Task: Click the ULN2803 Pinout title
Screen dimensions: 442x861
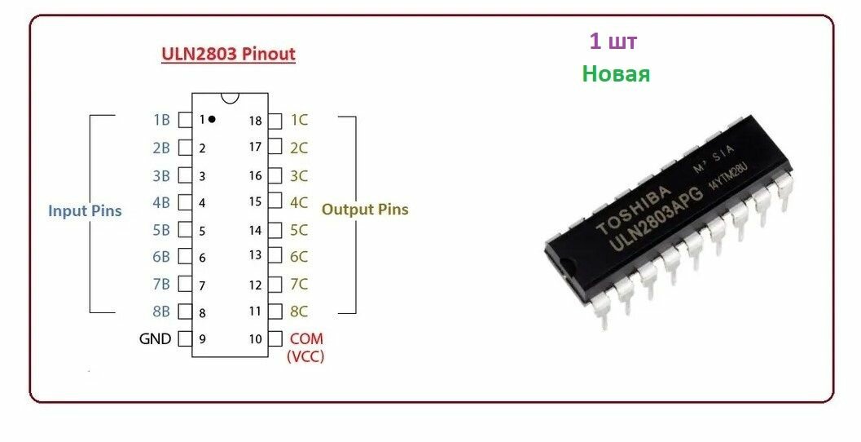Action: pyautogui.click(x=227, y=55)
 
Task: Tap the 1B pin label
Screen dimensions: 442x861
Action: pyautogui.click(x=161, y=120)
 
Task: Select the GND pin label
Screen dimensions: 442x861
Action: pyautogui.click(x=155, y=338)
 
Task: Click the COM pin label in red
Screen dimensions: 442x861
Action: pyautogui.click(x=306, y=338)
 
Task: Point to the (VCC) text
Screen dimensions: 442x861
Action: pyautogui.click(x=305, y=356)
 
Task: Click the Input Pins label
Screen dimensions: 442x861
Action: pyautogui.click(x=85, y=211)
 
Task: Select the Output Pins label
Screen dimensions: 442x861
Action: pyautogui.click(x=365, y=210)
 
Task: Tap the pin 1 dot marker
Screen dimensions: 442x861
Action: pyautogui.click(x=212, y=119)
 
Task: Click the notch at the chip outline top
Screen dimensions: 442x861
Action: pyautogui.click(x=230, y=97)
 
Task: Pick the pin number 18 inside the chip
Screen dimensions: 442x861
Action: pyautogui.click(x=256, y=121)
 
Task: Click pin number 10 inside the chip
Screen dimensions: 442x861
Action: pyautogui.click(x=256, y=338)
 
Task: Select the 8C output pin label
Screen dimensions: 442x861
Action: pyautogui.click(x=299, y=311)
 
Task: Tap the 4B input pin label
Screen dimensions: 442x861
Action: pyautogui.click(x=161, y=202)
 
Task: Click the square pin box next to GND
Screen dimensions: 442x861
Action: pyautogui.click(x=185, y=338)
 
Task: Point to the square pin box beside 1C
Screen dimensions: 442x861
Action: pyautogui.click(x=275, y=120)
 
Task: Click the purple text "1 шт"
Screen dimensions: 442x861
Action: pyautogui.click(x=613, y=42)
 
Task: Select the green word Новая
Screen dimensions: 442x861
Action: pyautogui.click(x=616, y=74)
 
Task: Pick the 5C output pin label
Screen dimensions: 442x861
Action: pyautogui.click(x=299, y=230)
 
